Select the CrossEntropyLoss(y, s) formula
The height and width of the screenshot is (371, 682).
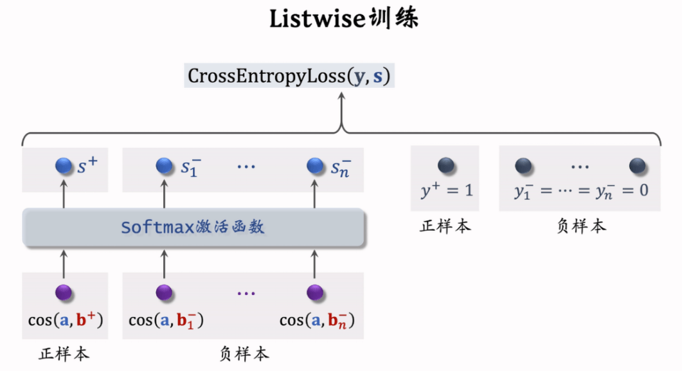click(289, 76)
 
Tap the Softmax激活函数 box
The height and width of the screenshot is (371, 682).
click(194, 228)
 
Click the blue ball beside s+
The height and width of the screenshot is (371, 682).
click(64, 166)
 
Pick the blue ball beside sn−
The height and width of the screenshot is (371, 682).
click(315, 166)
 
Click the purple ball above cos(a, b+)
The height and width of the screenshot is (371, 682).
click(64, 293)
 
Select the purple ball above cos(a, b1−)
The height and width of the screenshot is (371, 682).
click(164, 293)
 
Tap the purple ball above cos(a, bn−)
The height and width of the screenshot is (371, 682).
click(315, 293)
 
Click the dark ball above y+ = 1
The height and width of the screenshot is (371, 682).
click(446, 166)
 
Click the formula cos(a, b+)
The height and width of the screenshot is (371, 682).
click(66, 320)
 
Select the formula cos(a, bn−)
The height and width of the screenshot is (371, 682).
click(317, 320)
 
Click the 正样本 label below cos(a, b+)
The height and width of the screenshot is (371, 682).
click(65, 354)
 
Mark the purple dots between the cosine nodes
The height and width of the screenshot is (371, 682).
click(246, 293)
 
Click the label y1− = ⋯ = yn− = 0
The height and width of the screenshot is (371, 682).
click(580, 190)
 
